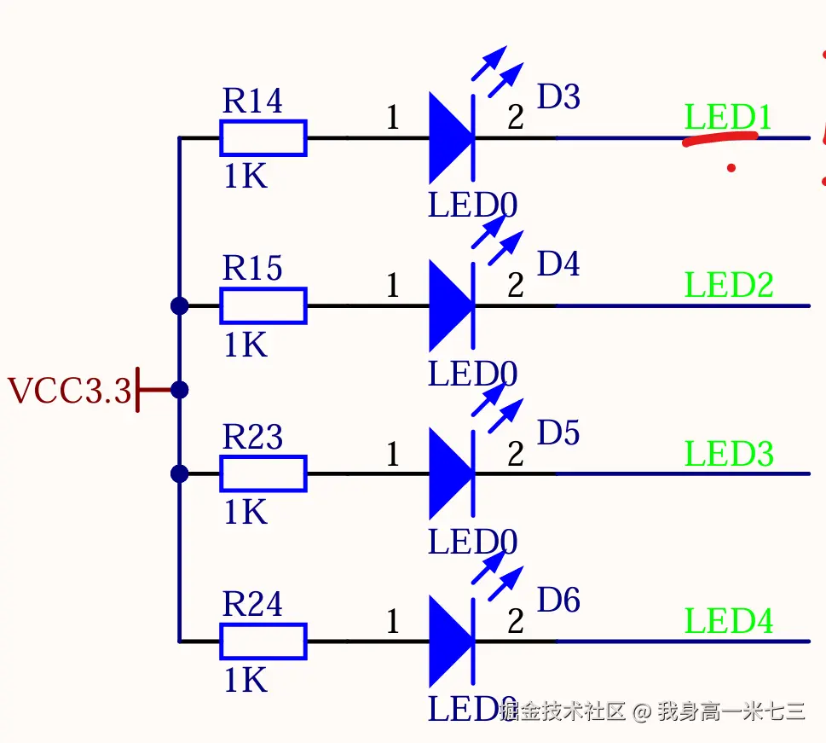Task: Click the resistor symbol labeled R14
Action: pyautogui.click(x=263, y=137)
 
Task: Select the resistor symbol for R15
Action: pyautogui.click(x=263, y=305)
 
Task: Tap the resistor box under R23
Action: pyautogui.click(x=263, y=473)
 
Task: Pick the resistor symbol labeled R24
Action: pyautogui.click(x=263, y=641)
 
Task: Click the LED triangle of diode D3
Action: pyautogui.click(x=450, y=137)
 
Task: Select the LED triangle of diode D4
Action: pyautogui.click(x=450, y=305)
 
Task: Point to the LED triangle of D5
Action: pyautogui.click(x=450, y=473)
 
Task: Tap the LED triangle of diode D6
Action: pyautogui.click(x=450, y=641)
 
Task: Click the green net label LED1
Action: pyautogui.click(x=728, y=117)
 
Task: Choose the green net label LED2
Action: pyautogui.click(x=729, y=285)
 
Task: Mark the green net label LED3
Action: pyautogui.click(x=729, y=453)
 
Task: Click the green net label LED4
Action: pyautogui.click(x=729, y=621)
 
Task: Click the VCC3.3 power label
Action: pyautogui.click(x=70, y=391)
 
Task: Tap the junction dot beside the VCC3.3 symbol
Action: pyautogui.click(x=179, y=390)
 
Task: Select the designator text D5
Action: pyautogui.click(x=558, y=432)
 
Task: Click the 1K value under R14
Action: pyautogui.click(x=245, y=176)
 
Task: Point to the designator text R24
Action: pyautogui.click(x=252, y=604)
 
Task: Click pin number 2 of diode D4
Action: pyautogui.click(x=516, y=286)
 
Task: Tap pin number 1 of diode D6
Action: pyautogui.click(x=392, y=622)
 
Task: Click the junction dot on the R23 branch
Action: pyautogui.click(x=179, y=473)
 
